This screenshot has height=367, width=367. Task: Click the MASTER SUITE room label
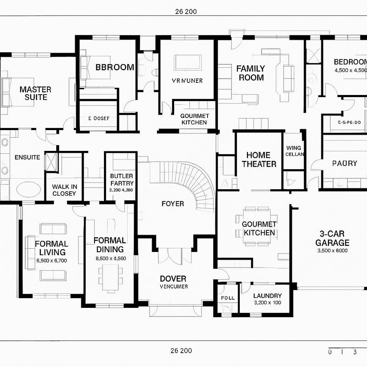(x=35, y=93)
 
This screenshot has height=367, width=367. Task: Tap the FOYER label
(x=172, y=203)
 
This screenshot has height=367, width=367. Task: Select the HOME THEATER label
(x=259, y=159)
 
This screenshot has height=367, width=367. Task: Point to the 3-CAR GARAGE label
(x=332, y=239)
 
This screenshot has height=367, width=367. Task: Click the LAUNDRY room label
(x=268, y=296)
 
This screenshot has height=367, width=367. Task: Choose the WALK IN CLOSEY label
(x=64, y=190)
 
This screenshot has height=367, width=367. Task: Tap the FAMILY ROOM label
(x=251, y=73)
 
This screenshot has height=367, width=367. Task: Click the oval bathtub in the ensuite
(x=28, y=189)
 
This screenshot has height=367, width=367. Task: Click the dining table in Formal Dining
(x=111, y=277)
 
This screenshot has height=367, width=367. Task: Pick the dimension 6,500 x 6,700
(x=51, y=261)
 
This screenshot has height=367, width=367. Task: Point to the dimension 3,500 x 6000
(x=332, y=251)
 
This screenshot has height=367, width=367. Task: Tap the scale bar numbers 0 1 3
(x=343, y=352)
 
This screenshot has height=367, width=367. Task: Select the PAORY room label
(x=344, y=163)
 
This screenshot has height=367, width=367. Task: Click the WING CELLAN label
(x=294, y=151)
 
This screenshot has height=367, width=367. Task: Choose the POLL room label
(x=228, y=298)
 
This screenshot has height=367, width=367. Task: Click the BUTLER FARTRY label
(x=122, y=180)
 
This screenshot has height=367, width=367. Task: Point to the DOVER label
(x=173, y=279)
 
